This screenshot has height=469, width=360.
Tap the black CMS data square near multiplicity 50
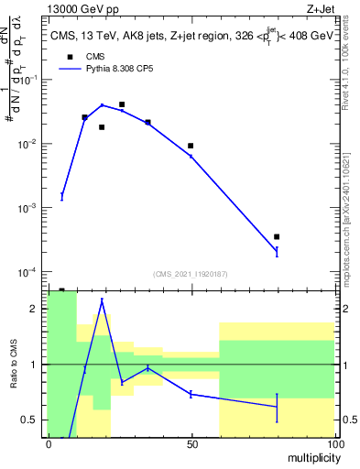191,146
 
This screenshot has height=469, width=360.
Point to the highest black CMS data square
122,104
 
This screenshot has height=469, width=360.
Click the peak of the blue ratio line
102,300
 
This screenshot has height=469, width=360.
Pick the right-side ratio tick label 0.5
347,420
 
